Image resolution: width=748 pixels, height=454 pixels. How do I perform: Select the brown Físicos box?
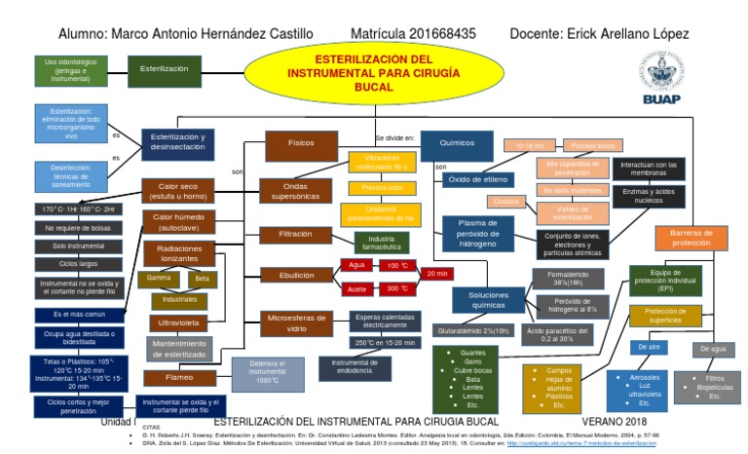pyautogui.click(x=301, y=142)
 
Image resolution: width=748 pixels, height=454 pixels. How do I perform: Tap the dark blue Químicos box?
pyautogui.click(x=457, y=142)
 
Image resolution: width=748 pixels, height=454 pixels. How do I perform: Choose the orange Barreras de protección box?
pyautogui.click(x=692, y=237)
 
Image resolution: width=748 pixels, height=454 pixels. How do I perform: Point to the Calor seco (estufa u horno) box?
pyautogui.click(x=176, y=189)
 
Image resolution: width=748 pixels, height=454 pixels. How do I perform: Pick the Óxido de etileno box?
pyautogui.click(x=477, y=179)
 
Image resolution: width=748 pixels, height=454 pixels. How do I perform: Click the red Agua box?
pyautogui.click(x=355, y=265)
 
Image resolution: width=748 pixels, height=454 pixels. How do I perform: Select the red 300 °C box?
pyautogui.click(x=395, y=289)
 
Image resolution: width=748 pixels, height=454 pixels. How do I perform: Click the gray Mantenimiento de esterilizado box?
pyautogui.click(x=178, y=348)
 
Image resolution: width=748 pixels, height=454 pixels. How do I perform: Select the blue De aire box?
pyautogui.click(x=650, y=347)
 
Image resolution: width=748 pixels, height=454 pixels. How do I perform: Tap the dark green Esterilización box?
pyautogui.click(x=165, y=70)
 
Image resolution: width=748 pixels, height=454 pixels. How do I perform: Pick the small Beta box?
pyautogui.click(x=202, y=279)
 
